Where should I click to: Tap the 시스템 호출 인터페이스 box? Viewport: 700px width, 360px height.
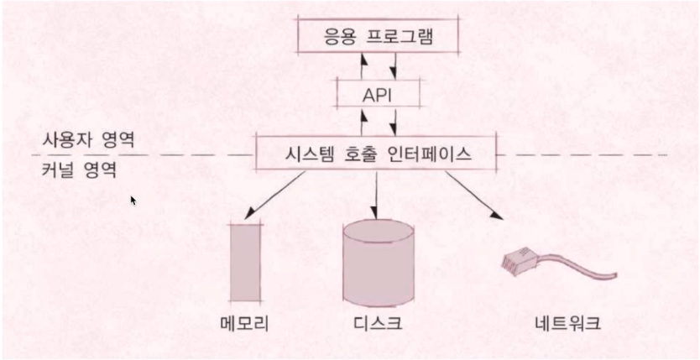(x=376, y=155)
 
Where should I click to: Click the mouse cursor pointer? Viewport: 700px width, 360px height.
(x=133, y=201)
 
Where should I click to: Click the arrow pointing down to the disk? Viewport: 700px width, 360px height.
(x=375, y=194)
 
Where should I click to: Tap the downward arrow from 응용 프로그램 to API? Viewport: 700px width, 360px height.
(x=392, y=64)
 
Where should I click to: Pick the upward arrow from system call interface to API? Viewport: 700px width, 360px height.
(x=363, y=122)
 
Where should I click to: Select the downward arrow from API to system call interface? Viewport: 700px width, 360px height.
(x=392, y=122)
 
